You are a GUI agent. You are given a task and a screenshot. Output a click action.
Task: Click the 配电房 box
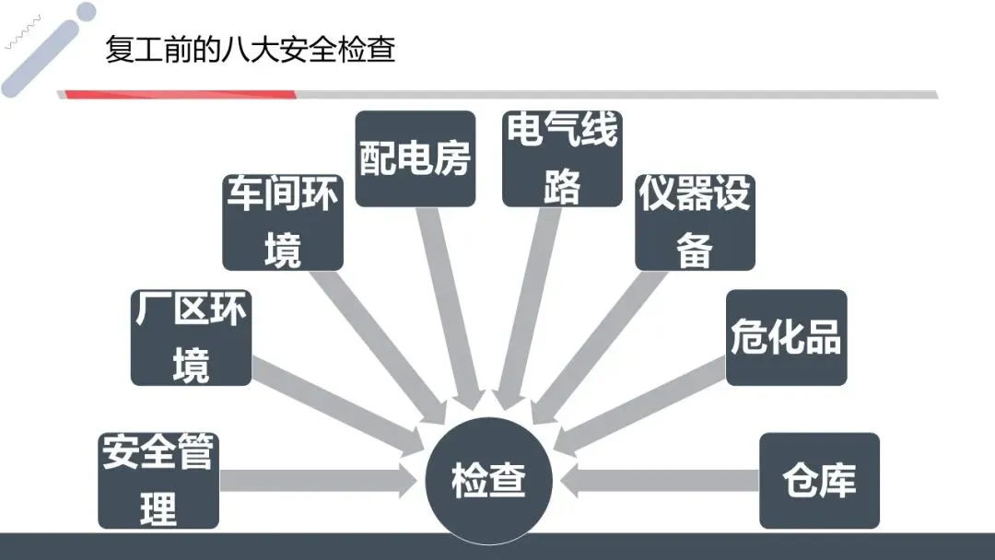coord(416,158)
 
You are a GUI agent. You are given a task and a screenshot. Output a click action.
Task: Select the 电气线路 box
coord(562,158)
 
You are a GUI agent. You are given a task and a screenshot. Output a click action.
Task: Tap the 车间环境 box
coord(283,221)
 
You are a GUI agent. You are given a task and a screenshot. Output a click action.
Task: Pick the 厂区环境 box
coord(191,336)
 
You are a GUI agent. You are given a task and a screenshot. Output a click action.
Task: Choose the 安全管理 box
coord(158,480)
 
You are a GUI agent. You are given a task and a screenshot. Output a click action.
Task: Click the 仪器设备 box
coord(695,222)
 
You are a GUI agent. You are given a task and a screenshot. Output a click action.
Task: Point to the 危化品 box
coord(786,337)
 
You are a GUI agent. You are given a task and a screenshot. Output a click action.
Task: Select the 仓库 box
coord(819,480)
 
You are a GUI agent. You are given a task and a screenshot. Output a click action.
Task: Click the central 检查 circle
coord(488,481)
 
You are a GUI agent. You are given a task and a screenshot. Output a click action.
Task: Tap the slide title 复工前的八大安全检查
coord(251,50)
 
